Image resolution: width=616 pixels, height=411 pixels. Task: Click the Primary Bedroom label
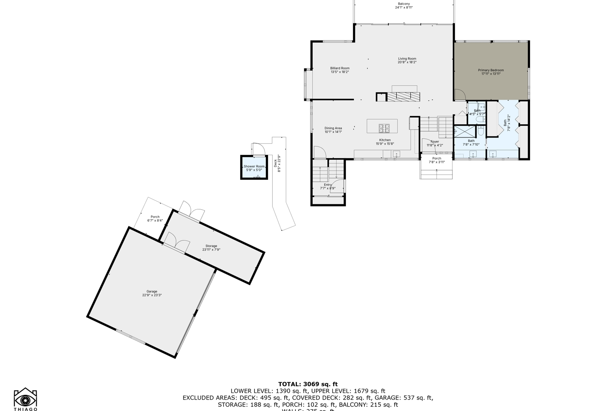pos(491,70)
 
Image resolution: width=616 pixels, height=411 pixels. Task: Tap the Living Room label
pos(407,59)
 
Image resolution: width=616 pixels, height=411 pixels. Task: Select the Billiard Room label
pos(340,68)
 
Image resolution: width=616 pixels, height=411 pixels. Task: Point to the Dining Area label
pos(333,128)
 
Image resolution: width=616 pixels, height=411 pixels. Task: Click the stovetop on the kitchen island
pos(384,128)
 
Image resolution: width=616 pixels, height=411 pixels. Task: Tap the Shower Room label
pos(254,166)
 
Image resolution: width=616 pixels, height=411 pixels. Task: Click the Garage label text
pos(152,291)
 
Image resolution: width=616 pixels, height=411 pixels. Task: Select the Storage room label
pos(211,246)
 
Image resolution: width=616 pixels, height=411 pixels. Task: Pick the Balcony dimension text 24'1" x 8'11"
pos(404,7)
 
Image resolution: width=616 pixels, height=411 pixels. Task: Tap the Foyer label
pos(435,141)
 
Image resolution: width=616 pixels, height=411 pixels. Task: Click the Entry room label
pos(328,185)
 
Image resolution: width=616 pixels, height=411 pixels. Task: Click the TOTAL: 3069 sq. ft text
pos(308,384)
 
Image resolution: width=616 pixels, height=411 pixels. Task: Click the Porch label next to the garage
pos(155,217)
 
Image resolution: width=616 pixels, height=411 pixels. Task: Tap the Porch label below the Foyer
pos(437,158)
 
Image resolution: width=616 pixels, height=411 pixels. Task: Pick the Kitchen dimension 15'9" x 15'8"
pos(385,144)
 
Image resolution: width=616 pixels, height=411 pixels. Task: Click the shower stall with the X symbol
pos(465,132)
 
